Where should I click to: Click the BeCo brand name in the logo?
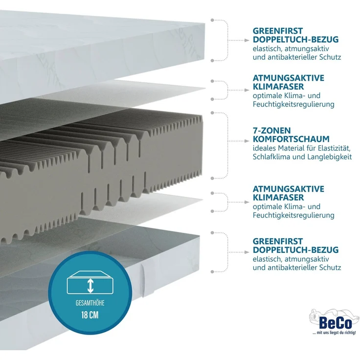click(335, 323)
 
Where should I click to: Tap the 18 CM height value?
click(90, 315)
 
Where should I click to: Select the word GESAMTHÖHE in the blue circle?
click(90, 303)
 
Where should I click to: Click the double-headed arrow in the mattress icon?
click(90, 285)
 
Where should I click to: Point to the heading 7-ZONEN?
click(271, 131)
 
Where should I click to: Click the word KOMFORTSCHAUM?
click(291, 139)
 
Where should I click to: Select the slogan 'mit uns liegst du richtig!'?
click(334, 333)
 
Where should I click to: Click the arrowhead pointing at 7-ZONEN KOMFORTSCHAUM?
click(247, 141)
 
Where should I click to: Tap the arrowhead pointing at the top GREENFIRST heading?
click(247, 40)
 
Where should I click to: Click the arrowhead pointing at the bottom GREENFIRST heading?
click(247, 252)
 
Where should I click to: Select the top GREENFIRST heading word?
click(278, 31)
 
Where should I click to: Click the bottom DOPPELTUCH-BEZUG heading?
click(296, 250)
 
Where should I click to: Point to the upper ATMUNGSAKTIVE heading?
click(289, 78)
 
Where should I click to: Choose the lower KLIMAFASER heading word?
click(278, 198)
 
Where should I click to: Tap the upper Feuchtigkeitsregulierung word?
click(293, 105)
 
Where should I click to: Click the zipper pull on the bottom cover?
click(142, 281)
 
